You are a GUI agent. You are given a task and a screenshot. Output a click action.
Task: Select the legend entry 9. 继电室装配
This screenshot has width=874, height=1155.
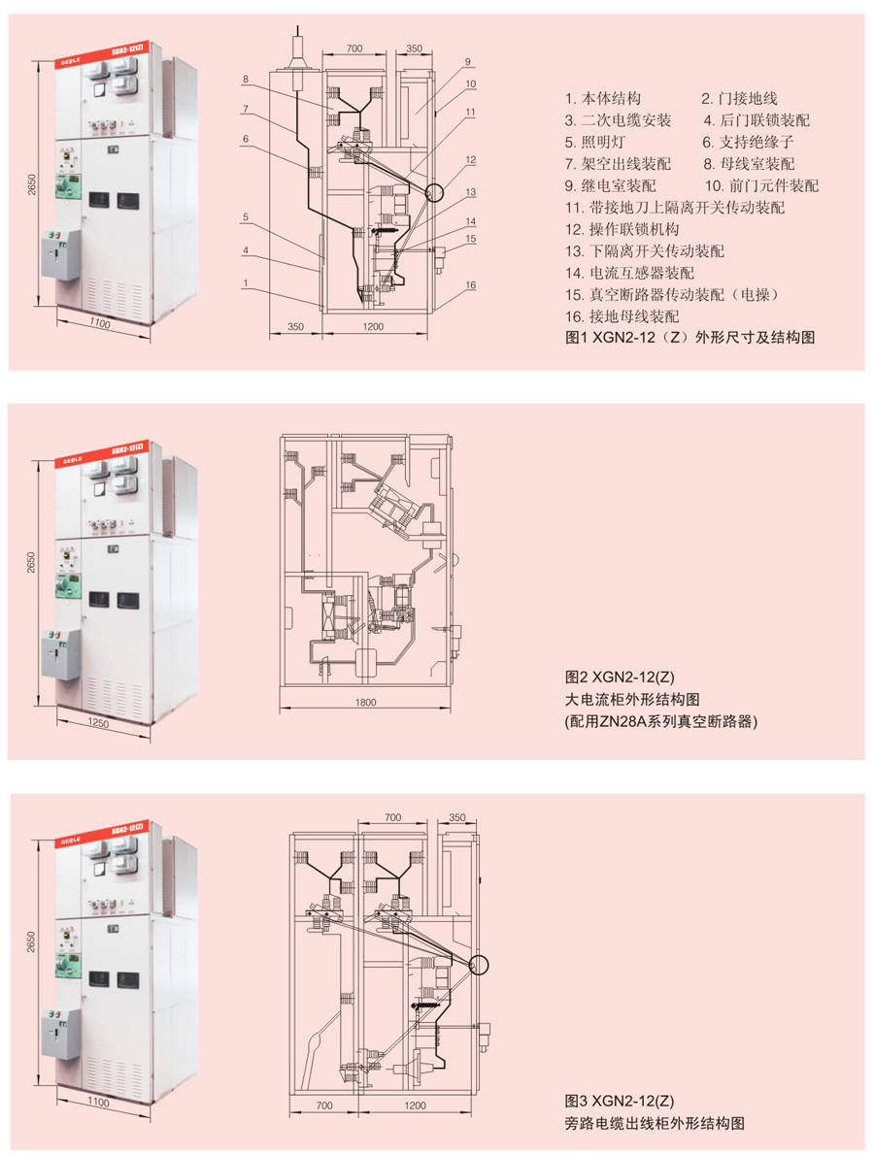(610, 185)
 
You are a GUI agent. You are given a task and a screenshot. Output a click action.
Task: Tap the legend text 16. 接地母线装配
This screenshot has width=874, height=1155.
(622, 316)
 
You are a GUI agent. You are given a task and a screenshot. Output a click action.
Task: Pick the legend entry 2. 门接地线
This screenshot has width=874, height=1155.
(739, 98)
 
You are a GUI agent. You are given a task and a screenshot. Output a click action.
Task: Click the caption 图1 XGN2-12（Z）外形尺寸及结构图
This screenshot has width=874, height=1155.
(689, 339)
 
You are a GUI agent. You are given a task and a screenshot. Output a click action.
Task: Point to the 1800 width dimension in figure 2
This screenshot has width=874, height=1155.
(365, 703)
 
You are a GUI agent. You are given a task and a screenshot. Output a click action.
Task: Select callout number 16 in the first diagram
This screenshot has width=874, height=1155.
(470, 284)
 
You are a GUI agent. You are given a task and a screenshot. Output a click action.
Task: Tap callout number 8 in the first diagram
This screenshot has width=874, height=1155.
(247, 79)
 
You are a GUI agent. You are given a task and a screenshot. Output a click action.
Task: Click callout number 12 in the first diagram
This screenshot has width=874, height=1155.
(470, 159)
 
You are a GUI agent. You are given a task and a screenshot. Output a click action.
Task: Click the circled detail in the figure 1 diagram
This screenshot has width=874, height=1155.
(432, 191)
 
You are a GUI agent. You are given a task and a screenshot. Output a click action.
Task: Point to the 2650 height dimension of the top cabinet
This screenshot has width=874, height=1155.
(31, 184)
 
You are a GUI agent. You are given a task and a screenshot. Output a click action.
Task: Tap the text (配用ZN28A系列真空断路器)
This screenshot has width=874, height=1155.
(660, 721)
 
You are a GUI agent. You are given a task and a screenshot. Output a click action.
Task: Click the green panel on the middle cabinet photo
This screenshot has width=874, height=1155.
(68, 585)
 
